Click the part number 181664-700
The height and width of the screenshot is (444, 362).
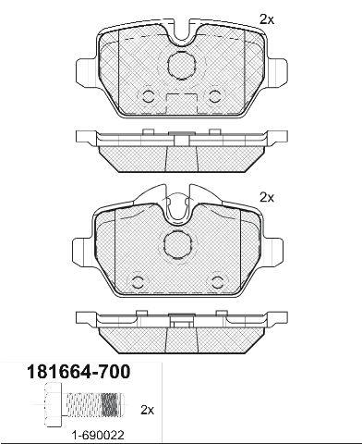78,372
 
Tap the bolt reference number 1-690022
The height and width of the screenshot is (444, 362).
98,436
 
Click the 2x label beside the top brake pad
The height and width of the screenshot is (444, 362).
267,20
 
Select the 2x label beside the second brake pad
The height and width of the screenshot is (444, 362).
267,197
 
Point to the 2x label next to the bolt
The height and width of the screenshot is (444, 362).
147,410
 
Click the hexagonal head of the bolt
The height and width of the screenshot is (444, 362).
54,404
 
